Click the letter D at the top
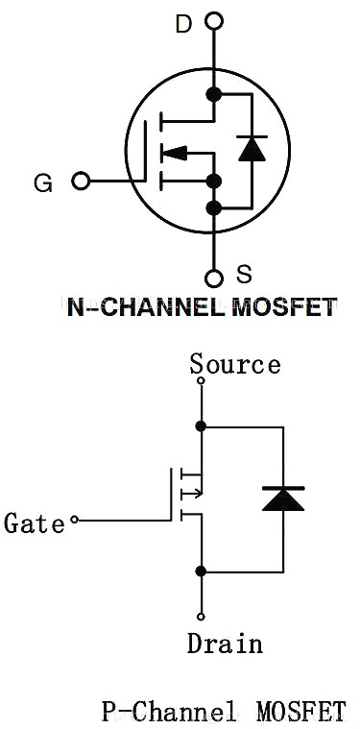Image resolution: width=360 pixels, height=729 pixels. (182, 24)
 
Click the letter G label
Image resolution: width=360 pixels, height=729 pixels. (43, 182)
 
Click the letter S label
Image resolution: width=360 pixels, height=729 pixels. (244, 275)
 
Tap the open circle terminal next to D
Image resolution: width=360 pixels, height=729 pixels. (214, 20)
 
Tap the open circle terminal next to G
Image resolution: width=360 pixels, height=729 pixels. (81, 181)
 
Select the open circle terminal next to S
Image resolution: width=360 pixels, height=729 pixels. (214, 279)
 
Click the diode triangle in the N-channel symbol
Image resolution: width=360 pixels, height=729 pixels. (252, 148)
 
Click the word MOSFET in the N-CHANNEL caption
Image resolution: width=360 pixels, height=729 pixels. (284, 307)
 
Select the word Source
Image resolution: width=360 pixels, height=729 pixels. (235, 365)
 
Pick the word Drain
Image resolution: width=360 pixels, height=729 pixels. (225, 643)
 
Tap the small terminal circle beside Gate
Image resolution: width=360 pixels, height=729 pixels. (74, 522)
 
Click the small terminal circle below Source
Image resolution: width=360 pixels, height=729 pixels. (201, 381)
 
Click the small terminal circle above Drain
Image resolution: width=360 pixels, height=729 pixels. (201, 616)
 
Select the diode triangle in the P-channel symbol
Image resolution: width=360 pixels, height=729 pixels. (282, 498)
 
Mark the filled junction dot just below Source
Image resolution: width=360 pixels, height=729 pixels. (201, 425)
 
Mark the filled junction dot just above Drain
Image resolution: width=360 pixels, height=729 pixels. (201, 571)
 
